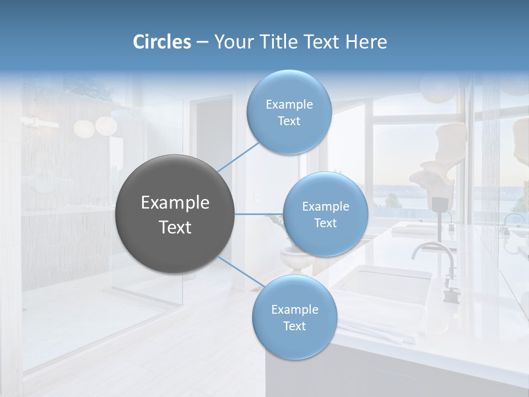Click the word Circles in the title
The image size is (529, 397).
162,42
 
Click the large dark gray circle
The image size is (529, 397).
175,214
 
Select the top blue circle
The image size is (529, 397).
289,112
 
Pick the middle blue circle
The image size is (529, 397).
325,214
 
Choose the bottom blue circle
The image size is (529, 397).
294,317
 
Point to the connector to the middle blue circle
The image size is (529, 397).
259,214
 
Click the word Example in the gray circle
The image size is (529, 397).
175,203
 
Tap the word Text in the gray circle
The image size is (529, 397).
175,227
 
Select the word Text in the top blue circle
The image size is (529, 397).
289,121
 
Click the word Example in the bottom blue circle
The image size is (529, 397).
294,309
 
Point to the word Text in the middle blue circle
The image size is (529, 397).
325,223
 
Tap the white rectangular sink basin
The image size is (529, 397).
383,284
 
